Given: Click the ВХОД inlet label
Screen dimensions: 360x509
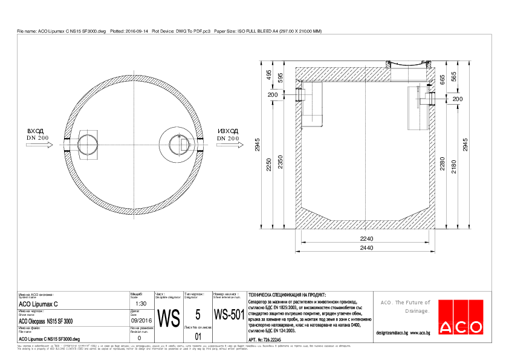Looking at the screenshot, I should pyautogui.click(x=36, y=131).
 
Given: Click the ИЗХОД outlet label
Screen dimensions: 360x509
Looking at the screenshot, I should pyautogui.click(x=229, y=131).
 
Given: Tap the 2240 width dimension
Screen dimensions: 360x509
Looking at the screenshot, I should pyautogui.click(x=366, y=240).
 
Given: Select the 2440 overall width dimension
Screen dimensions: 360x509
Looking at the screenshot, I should pyautogui.click(x=366, y=249).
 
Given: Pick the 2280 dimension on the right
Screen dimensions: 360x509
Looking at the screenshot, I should pyautogui.click(x=444, y=166).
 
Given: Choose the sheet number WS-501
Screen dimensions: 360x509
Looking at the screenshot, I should pyautogui.click(x=229, y=315).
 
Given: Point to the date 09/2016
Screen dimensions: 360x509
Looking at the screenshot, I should pyautogui.click(x=141, y=320).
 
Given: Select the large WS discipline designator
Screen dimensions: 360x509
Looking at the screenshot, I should pyautogui.click(x=168, y=318).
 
